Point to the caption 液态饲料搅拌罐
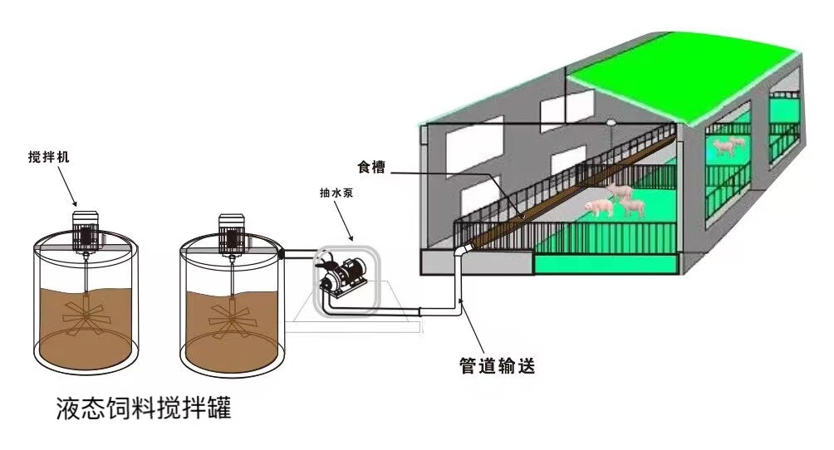point(143,408)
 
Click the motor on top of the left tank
point(86,229)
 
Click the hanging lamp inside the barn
point(611,123)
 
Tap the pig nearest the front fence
point(598,207)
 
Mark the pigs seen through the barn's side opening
point(727,147)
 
